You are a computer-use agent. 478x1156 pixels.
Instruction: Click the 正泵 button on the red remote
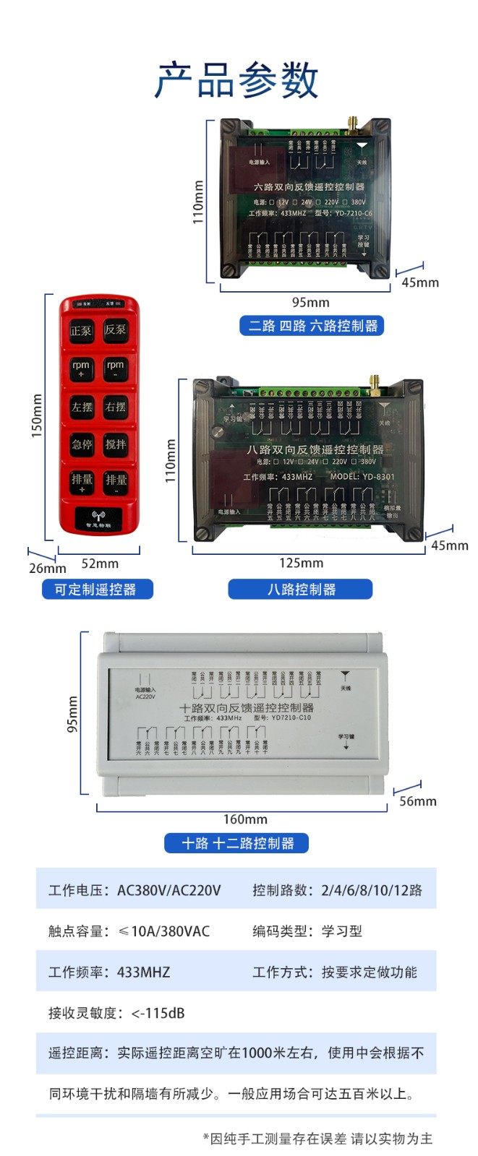pyautogui.click(x=81, y=330)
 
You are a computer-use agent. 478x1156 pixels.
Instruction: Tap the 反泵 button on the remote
pyautogui.click(x=115, y=329)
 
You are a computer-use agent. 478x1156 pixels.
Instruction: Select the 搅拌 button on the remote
pyautogui.click(x=115, y=444)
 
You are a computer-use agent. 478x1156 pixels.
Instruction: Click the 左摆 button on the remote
pyautogui.click(x=81, y=407)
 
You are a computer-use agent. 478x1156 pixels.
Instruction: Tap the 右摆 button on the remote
pyautogui.click(x=115, y=407)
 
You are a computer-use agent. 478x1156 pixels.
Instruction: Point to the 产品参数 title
pyautogui.click(x=236, y=79)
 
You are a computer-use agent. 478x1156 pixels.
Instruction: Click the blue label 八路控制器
pyautogui.click(x=301, y=590)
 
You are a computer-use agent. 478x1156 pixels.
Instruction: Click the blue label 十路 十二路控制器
pyautogui.click(x=237, y=843)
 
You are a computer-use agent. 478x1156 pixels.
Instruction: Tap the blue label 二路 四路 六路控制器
pyautogui.click(x=312, y=326)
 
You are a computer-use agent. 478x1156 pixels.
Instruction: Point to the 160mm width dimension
pyautogui.click(x=245, y=819)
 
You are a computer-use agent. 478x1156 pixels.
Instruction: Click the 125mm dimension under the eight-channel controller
pyautogui.click(x=302, y=563)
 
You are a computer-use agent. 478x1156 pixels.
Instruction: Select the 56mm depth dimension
pyautogui.click(x=418, y=801)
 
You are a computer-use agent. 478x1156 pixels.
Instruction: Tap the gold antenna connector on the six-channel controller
pyautogui.click(x=354, y=124)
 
